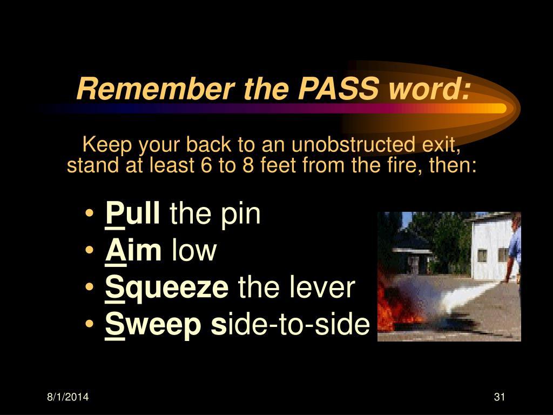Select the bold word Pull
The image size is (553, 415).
click(x=132, y=214)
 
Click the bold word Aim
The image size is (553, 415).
click(x=132, y=251)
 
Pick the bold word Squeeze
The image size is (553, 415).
click(x=166, y=288)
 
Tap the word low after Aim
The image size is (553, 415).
click(x=194, y=251)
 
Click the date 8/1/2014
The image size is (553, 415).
click(x=68, y=398)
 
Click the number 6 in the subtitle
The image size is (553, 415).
click(x=205, y=164)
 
